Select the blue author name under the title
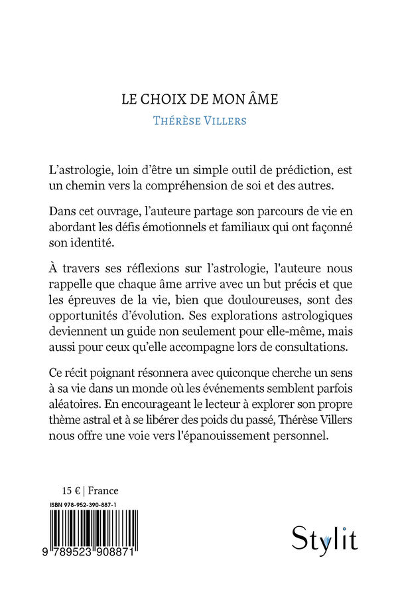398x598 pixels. [199, 120]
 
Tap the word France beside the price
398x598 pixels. [103, 491]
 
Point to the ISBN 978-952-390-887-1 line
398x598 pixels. [92, 505]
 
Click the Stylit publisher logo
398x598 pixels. [324, 538]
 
